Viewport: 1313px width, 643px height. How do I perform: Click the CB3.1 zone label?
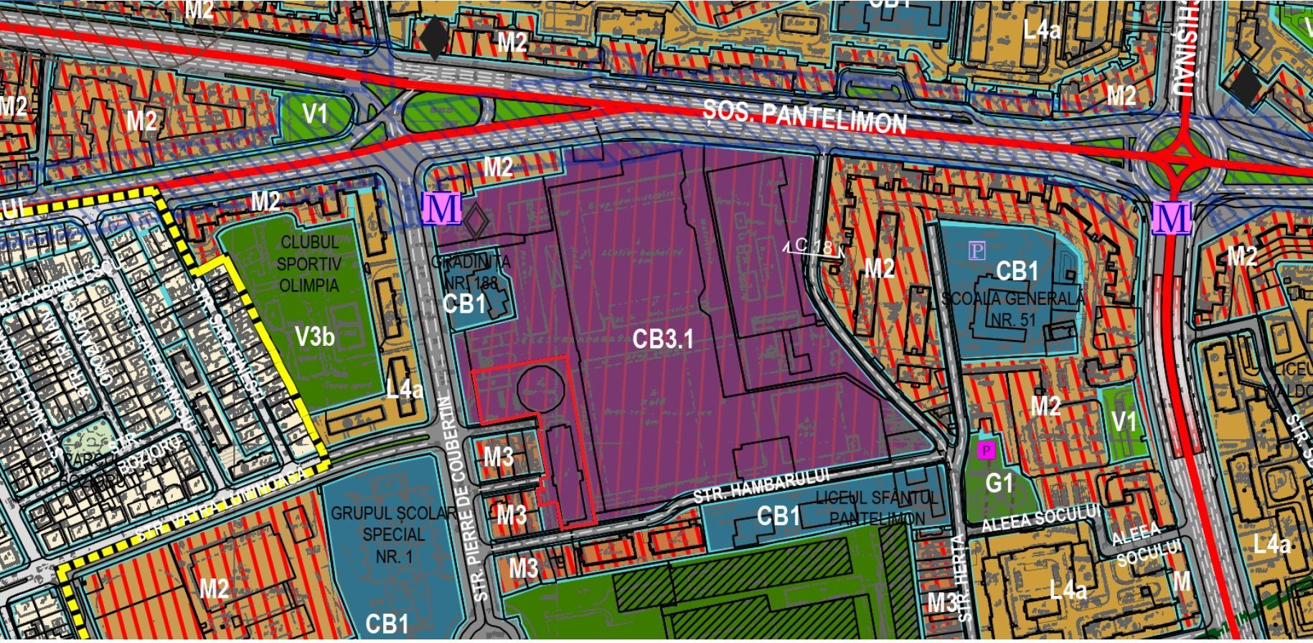click(x=663, y=339)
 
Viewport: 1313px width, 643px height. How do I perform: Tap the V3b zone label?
click(x=314, y=336)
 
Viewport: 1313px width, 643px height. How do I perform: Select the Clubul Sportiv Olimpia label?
click(x=309, y=264)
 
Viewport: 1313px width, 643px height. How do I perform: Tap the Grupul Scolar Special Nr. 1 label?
click(x=393, y=535)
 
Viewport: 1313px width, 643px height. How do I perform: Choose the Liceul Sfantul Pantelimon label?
click(x=877, y=507)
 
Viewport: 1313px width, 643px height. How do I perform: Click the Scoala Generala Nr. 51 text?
click(x=1012, y=308)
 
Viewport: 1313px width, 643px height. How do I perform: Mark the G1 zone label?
click(x=999, y=483)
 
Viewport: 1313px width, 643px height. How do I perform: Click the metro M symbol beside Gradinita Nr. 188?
click(x=441, y=209)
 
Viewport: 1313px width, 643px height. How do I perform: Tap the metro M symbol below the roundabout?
click(x=1172, y=217)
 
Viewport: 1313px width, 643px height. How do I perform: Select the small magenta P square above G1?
click(x=987, y=450)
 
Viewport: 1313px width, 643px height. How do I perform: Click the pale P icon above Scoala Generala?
click(x=976, y=250)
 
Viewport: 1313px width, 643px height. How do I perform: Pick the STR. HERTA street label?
click(x=962, y=578)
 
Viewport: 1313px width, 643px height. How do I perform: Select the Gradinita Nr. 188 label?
click(x=471, y=271)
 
